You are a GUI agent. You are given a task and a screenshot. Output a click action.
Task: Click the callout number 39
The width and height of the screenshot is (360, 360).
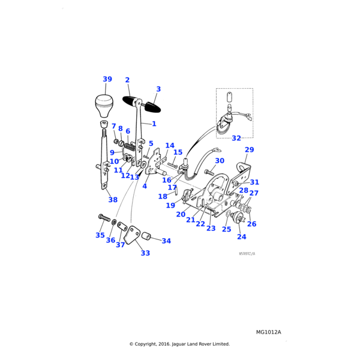[x=107, y=79]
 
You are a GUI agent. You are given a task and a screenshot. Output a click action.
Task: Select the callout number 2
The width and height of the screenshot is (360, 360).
[x=127, y=80]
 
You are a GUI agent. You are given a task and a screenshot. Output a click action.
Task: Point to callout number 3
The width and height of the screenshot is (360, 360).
[x=158, y=89]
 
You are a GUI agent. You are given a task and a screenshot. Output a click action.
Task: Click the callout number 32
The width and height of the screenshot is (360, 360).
[x=236, y=138]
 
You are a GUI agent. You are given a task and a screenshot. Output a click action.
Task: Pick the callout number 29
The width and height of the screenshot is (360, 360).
[x=249, y=149]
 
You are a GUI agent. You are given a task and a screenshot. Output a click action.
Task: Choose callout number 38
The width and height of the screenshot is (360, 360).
[x=113, y=200]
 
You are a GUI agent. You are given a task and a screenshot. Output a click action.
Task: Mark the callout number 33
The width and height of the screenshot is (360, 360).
[x=145, y=253]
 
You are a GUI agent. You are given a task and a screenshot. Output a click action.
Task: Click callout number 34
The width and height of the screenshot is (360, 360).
[x=166, y=241]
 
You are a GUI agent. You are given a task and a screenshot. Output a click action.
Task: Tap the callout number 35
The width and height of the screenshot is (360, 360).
[x=100, y=235]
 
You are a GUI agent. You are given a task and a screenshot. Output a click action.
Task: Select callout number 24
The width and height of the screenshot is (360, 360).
[x=242, y=237]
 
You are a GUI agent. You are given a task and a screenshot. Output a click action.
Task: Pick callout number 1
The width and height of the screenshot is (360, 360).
[x=154, y=124]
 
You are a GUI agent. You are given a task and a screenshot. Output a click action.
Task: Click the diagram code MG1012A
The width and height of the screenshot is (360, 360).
[x=268, y=332]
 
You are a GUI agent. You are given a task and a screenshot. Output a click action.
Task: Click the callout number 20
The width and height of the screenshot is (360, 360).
[x=181, y=214]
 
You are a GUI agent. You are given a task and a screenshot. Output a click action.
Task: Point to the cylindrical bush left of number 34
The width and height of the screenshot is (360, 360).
[x=146, y=235]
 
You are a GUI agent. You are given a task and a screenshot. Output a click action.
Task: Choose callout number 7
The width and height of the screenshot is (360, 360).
[x=113, y=127]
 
